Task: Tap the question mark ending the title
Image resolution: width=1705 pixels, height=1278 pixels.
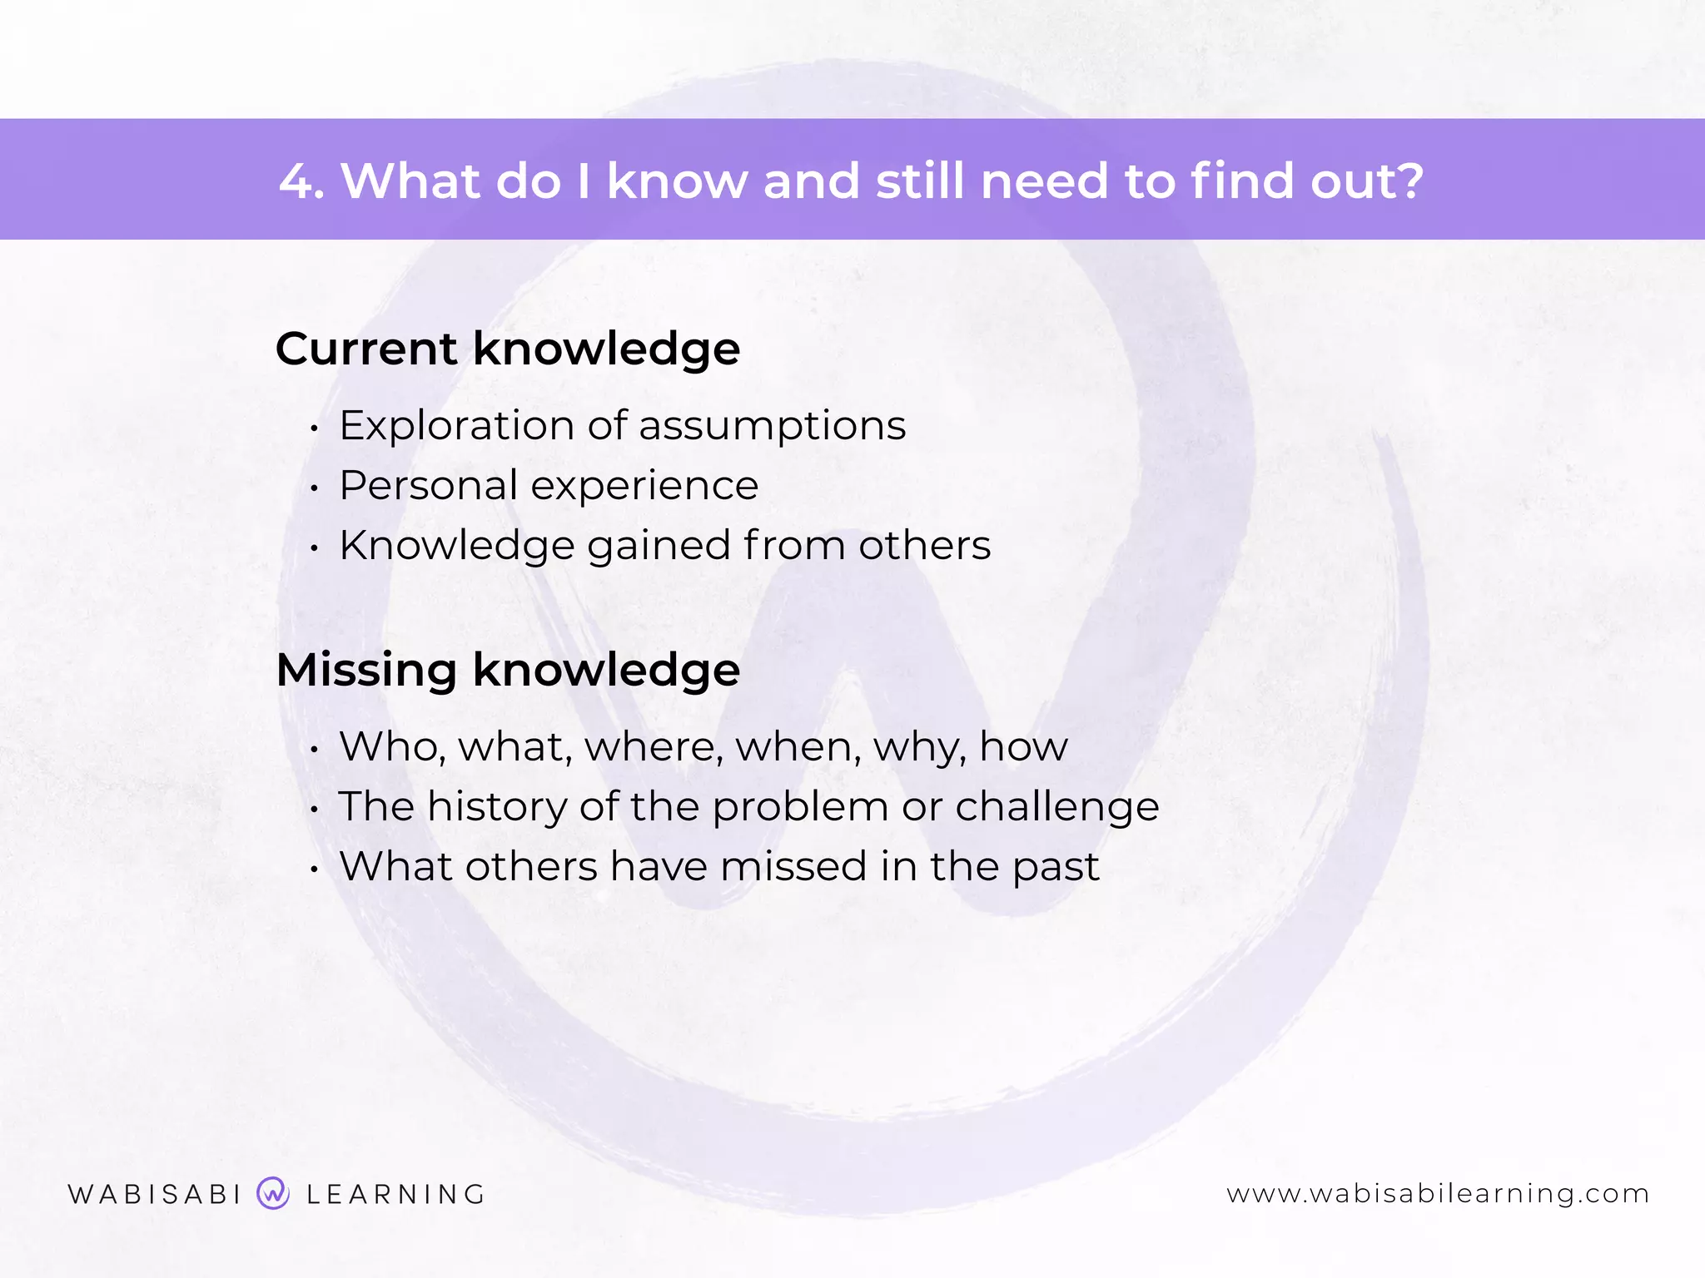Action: pyautogui.click(x=1408, y=181)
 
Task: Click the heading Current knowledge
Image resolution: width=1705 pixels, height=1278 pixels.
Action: pyautogui.click(x=508, y=349)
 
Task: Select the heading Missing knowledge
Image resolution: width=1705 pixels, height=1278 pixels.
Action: pyautogui.click(x=508, y=670)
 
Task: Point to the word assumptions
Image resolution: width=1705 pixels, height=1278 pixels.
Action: pyautogui.click(x=772, y=426)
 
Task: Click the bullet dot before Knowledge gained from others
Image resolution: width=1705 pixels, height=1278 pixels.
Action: pyautogui.click(x=314, y=548)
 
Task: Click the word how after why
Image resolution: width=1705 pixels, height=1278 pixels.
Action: pyautogui.click(x=1023, y=746)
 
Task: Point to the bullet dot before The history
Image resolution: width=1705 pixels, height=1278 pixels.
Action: pyautogui.click(x=314, y=809)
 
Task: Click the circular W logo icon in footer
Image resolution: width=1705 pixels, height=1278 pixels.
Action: pyautogui.click(x=273, y=1193)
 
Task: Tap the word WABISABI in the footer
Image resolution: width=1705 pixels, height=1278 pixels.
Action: pyautogui.click(x=155, y=1195)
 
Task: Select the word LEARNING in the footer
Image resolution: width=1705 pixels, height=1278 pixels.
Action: pyautogui.click(x=396, y=1195)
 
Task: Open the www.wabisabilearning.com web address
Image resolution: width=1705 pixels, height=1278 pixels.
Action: pyautogui.click(x=1438, y=1194)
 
